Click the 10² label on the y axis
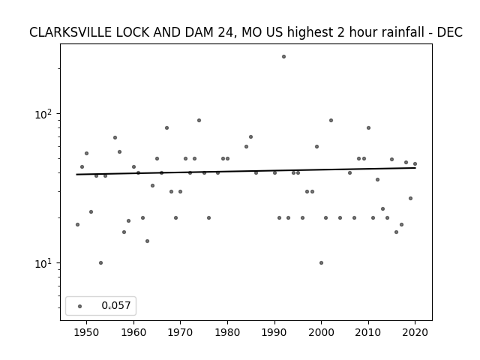tap(45, 114)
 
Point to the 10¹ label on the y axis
tap(45, 263)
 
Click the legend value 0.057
tap(115, 305)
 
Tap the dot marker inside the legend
tap(79, 305)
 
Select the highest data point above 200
tap(283, 56)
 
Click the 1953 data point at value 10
tap(100, 262)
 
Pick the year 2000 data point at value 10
tap(321, 262)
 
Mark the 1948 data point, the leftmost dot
tap(77, 224)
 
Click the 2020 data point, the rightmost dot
tap(415, 163)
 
